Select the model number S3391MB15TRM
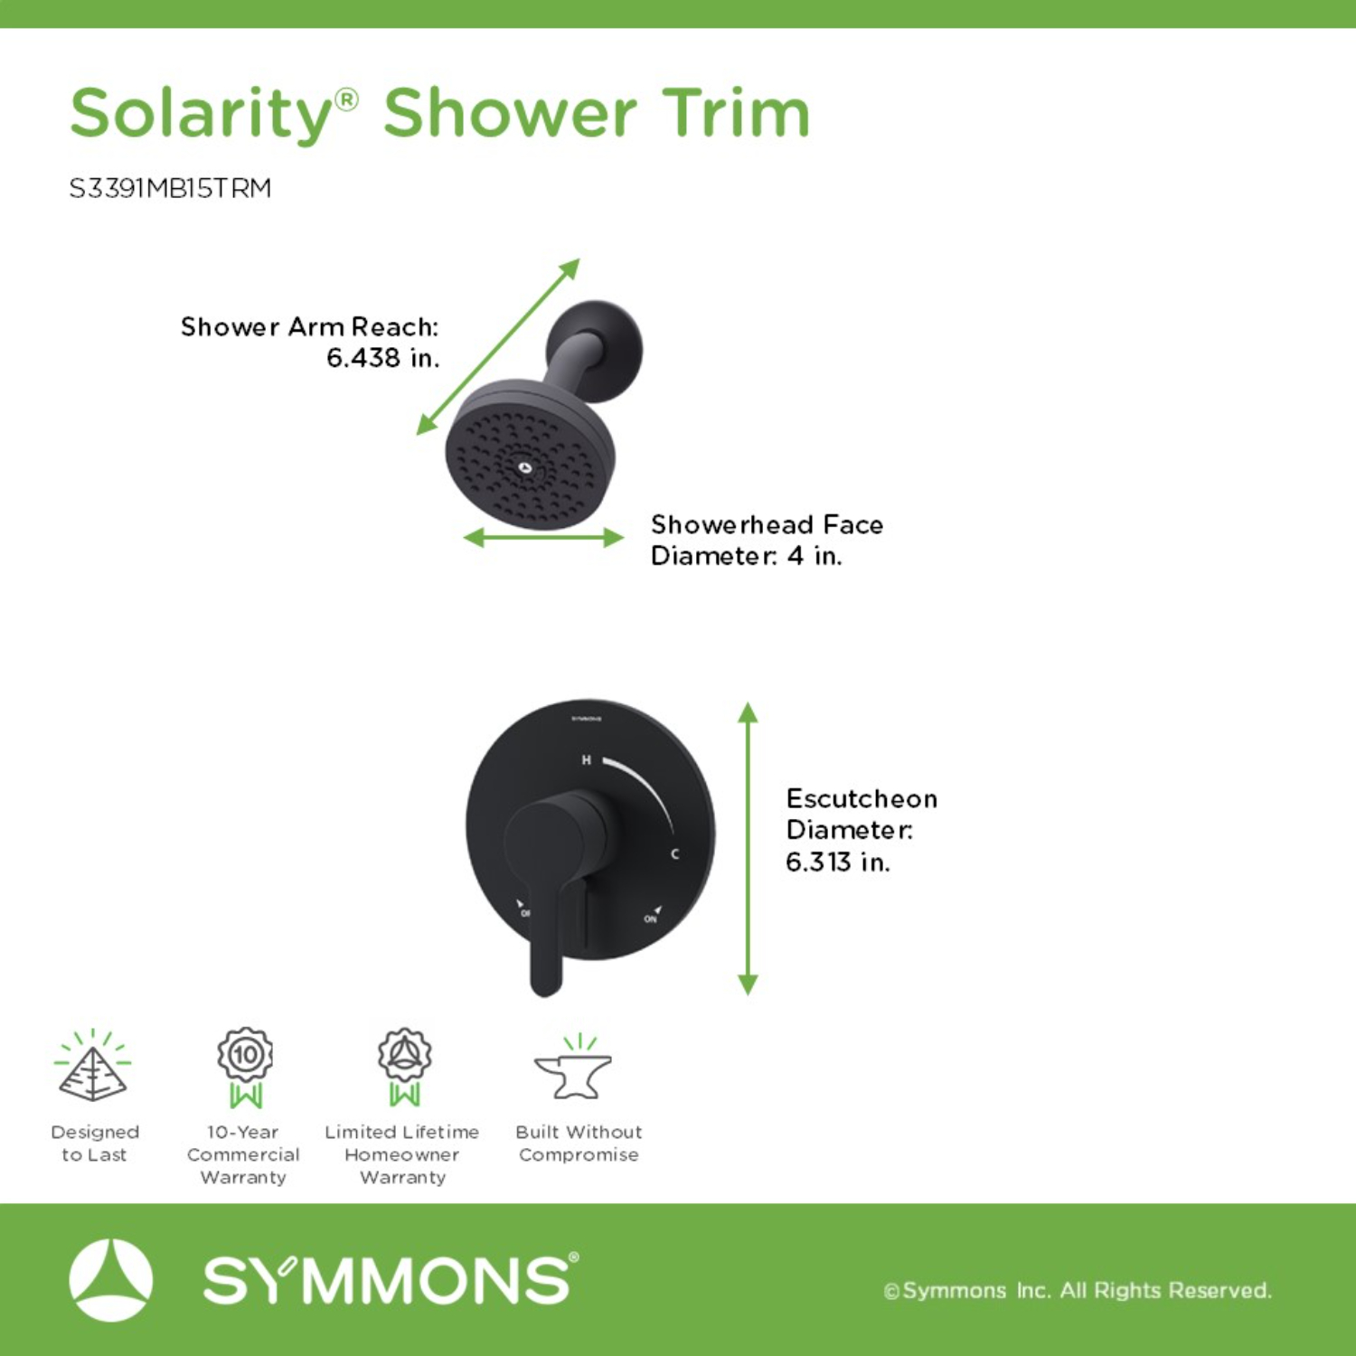coord(170,188)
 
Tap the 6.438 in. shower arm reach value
coord(382,358)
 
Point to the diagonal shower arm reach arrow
coord(497,347)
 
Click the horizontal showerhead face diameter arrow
coord(543,538)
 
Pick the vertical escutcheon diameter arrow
coord(748,848)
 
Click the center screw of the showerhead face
coord(525,467)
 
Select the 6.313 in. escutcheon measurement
coord(837,862)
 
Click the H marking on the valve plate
coord(586,760)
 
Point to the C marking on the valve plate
coord(674,853)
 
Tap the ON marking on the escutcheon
coord(650,918)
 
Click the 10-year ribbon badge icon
coord(245,1067)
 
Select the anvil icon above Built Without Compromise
coord(573,1069)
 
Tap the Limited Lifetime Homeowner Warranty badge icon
coord(404,1067)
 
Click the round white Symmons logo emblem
coord(110,1280)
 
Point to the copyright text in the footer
coord(1078,1290)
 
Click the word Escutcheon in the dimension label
coord(862,798)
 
